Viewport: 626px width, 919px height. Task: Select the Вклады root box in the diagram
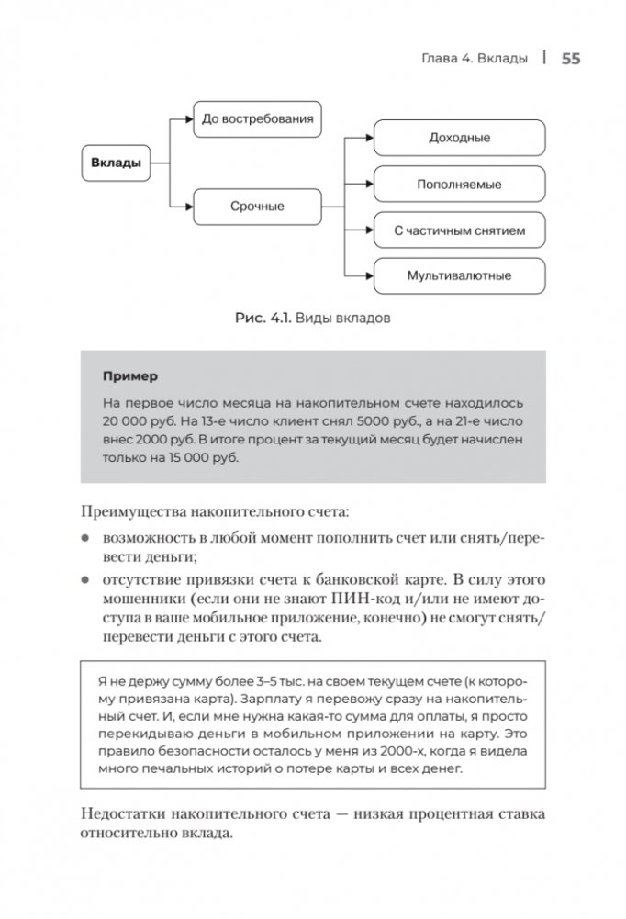pyautogui.click(x=116, y=164)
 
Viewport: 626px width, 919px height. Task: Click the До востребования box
pyautogui.click(x=257, y=118)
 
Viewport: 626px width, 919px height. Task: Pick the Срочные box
pyautogui.click(x=257, y=207)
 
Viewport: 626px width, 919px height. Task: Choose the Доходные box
pyautogui.click(x=459, y=138)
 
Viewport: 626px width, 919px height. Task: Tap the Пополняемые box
pyautogui.click(x=459, y=184)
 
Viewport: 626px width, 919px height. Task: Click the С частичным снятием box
pyautogui.click(x=459, y=230)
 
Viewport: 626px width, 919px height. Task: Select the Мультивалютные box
pyautogui.click(x=459, y=275)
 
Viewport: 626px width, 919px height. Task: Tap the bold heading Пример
pyautogui.click(x=129, y=376)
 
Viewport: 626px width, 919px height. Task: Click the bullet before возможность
pyautogui.click(x=85, y=537)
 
